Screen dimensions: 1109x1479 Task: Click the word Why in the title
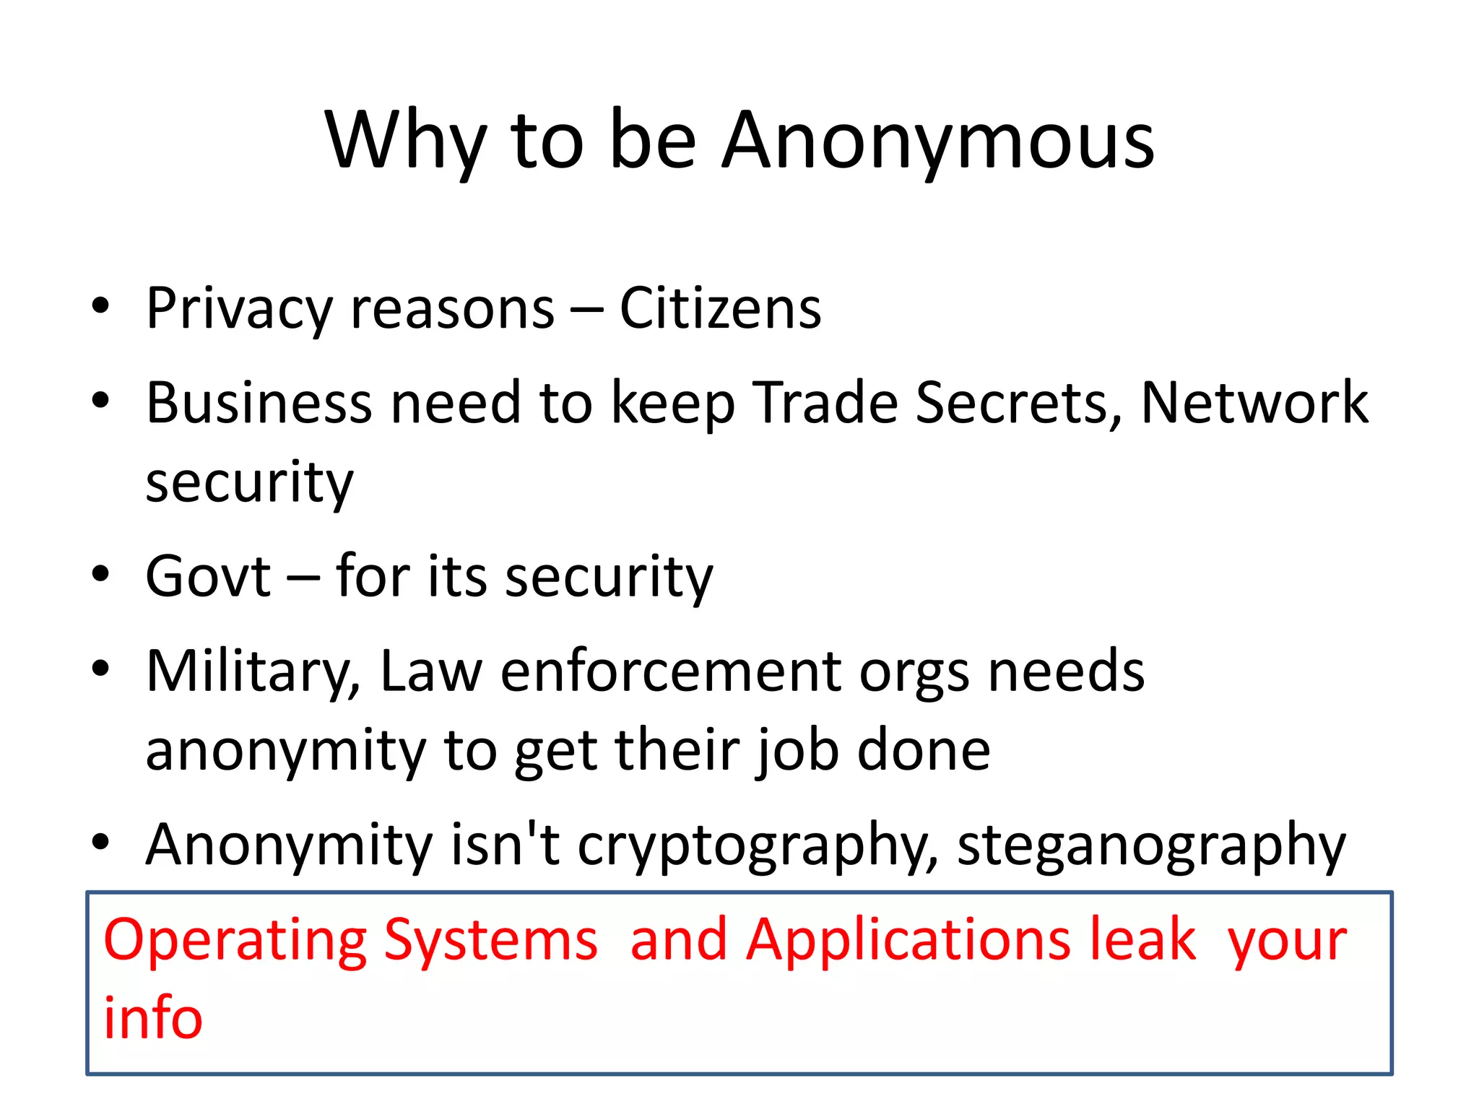(404, 142)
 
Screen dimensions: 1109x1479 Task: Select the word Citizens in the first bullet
(720, 309)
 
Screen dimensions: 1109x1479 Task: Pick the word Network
(1254, 402)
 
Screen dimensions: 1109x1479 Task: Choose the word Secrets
(1018, 402)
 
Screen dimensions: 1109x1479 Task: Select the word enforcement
(672, 671)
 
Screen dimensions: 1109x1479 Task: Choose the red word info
(153, 1017)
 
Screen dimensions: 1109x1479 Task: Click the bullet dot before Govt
(100, 575)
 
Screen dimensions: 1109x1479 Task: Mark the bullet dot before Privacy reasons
(100, 306)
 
